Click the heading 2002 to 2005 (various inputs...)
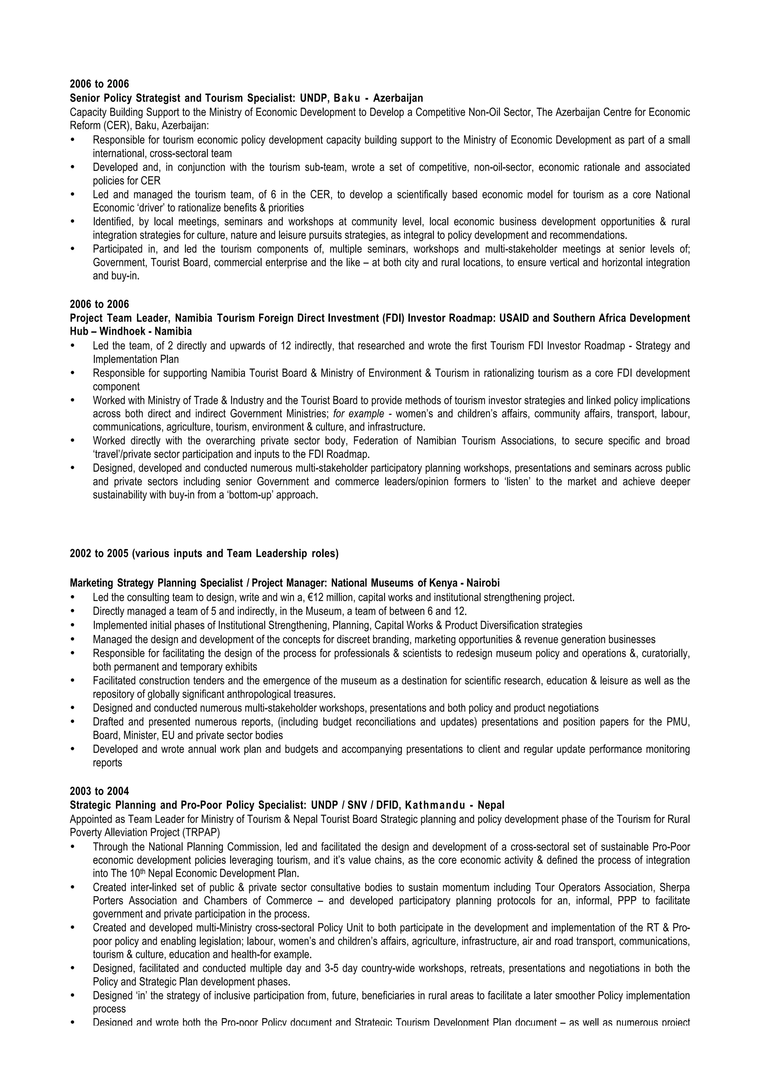pos(204,554)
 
